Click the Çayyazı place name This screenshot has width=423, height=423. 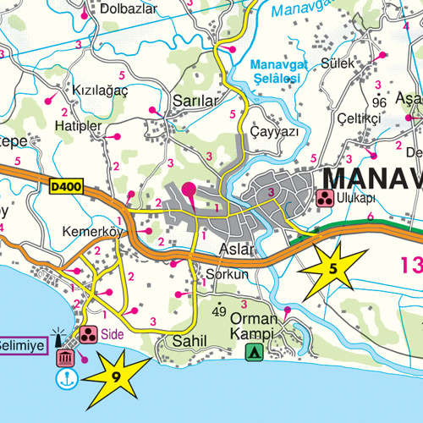coord(275,133)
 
